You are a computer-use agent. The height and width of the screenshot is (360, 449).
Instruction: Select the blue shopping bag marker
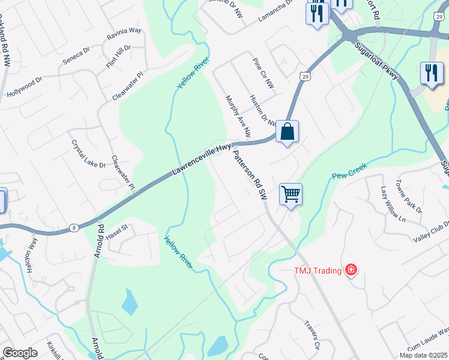pos(288,131)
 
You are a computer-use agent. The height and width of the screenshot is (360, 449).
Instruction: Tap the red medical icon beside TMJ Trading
pos(351,271)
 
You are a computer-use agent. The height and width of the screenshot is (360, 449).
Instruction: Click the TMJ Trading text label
pos(318,271)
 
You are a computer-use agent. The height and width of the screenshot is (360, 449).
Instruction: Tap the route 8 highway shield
pos(73,227)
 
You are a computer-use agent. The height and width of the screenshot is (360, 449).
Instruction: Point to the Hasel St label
pos(118,229)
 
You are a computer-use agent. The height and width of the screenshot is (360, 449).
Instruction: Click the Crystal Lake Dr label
pos(88,155)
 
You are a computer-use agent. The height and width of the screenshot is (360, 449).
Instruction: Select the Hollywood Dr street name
pos(25,87)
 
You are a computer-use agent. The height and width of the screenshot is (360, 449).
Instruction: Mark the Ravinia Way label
pos(124,34)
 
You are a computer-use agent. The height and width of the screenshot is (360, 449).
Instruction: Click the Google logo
pos(20,353)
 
